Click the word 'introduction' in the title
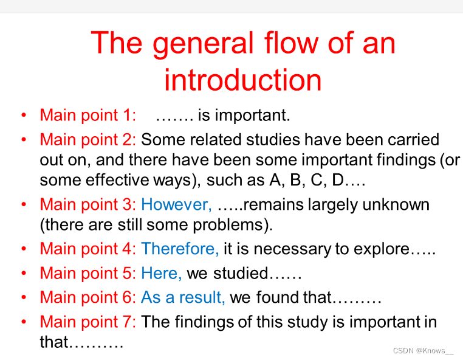click(242, 80)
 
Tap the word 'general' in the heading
click(203, 44)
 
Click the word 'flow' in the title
click(291, 43)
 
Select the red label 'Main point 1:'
click(87, 115)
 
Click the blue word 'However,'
click(176, 204)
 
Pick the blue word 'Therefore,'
click(180, 249)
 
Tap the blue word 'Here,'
click(161, 273)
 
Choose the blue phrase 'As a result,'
click(183, 297)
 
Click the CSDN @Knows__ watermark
click(423, 350)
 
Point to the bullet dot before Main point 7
click(24, 322)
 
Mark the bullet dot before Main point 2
click(24, 139)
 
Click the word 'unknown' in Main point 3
click(396, 204)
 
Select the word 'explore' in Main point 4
click(381, 249)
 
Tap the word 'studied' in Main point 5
click(241, 273)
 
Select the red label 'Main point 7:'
click(87, 322)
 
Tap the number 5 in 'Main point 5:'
click(126, 273)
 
